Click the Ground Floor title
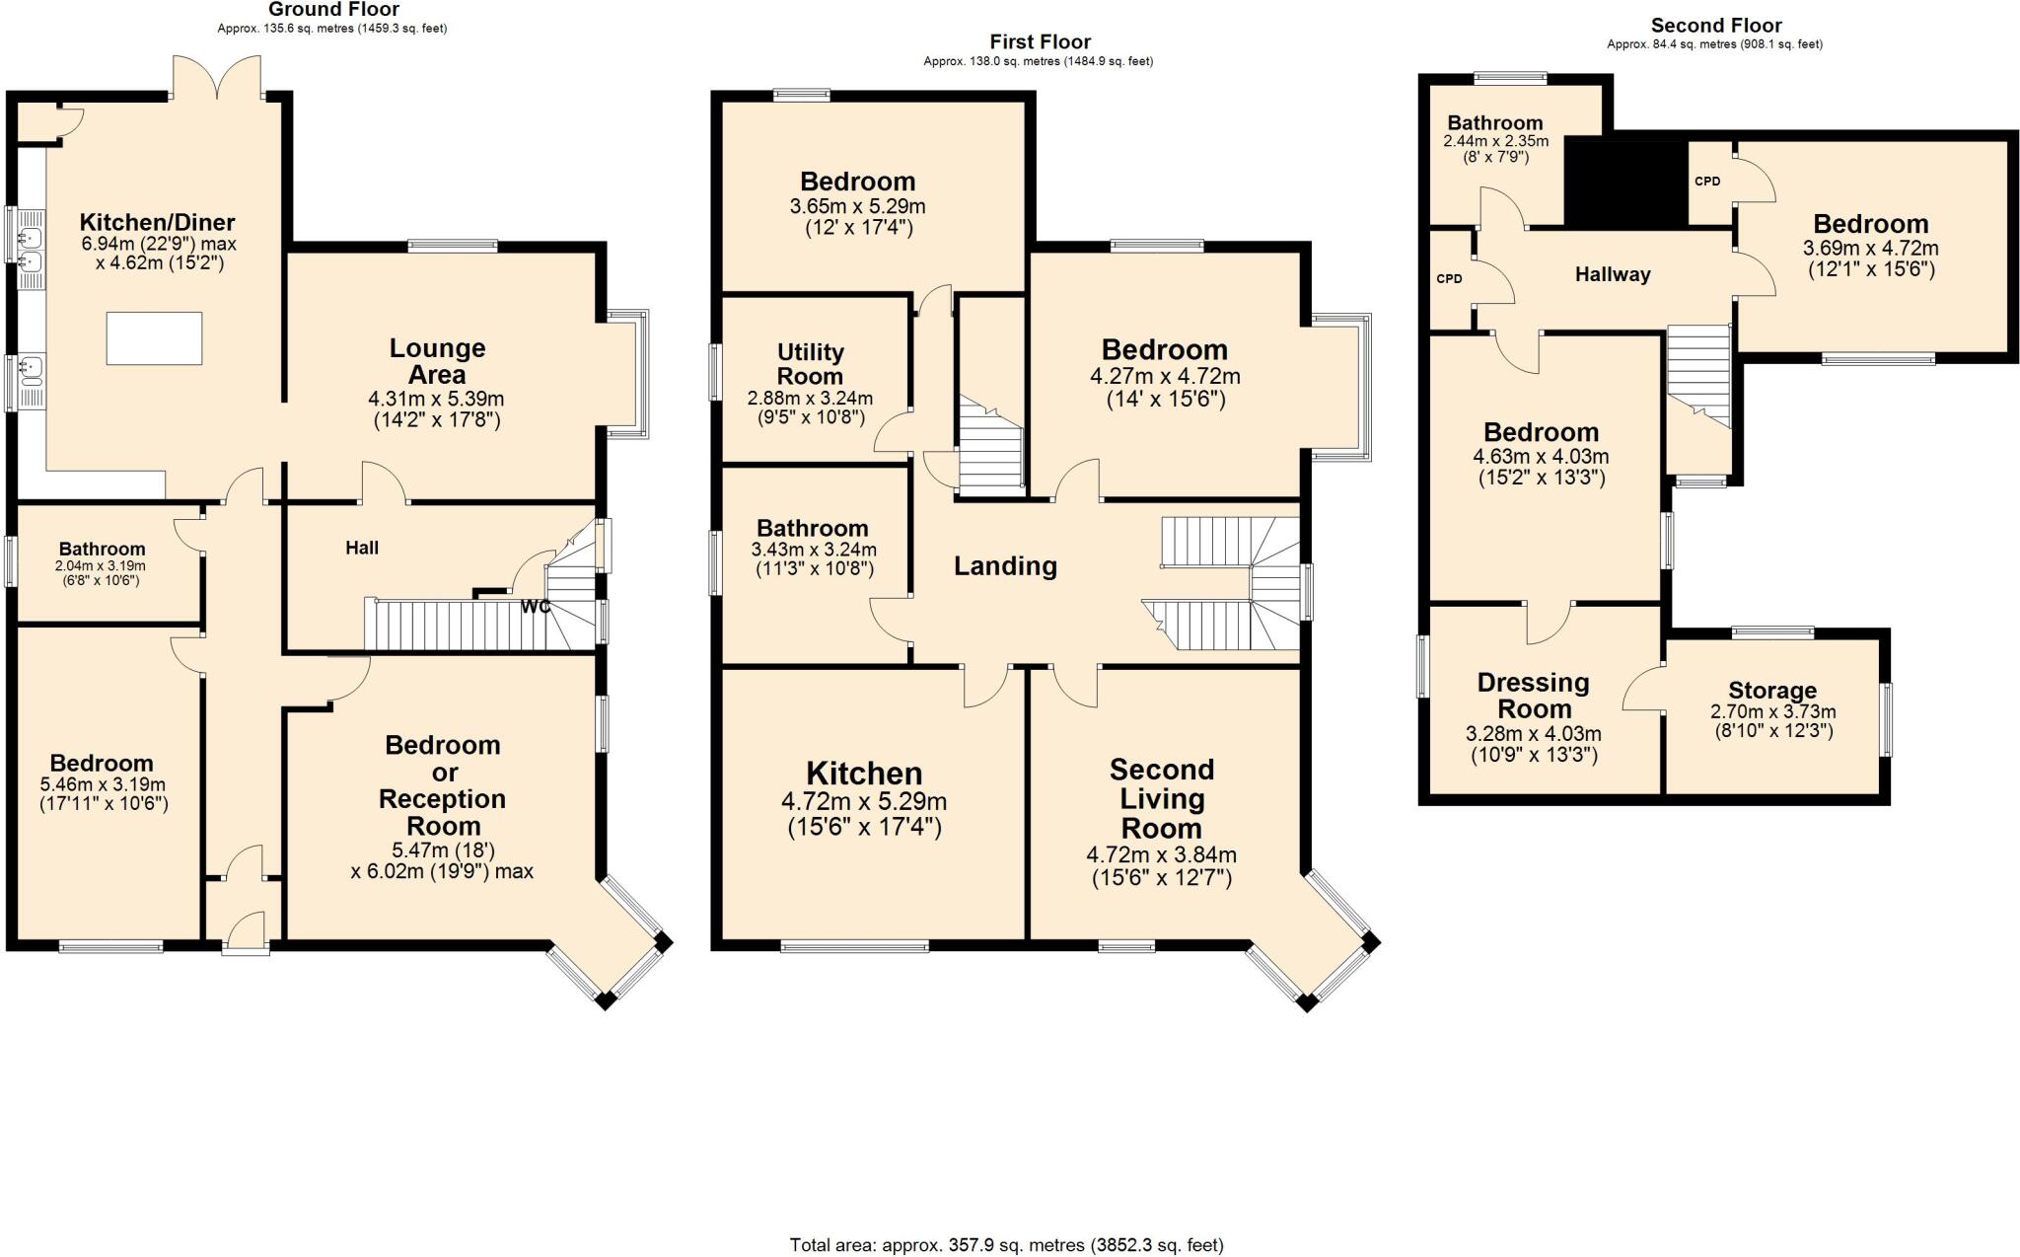333,10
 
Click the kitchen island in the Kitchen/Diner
154,338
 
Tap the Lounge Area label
437,361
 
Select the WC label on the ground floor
536,607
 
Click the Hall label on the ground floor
362,548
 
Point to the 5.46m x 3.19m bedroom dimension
103,785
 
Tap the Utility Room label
810,364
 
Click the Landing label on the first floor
1005,565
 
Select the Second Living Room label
1161,798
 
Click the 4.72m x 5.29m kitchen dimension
864,802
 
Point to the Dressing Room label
1534,696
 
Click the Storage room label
1771,691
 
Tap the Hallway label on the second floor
1612,275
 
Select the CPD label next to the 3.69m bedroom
1706,182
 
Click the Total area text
1006,1245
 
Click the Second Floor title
1715,26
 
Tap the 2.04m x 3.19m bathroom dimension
101,566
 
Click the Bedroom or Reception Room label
442,785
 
